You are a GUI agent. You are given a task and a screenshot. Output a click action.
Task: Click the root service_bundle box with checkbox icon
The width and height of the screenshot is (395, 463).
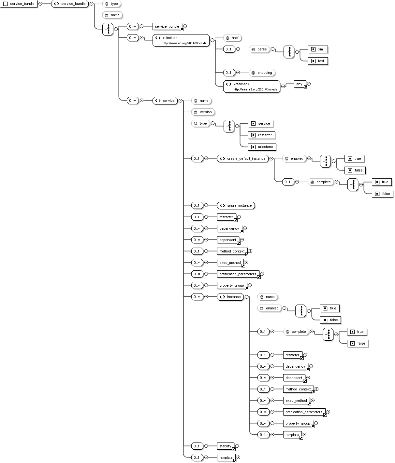coord(19,4)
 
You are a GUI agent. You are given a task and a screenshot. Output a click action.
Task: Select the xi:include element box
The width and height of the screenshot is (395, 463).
coord(181,40)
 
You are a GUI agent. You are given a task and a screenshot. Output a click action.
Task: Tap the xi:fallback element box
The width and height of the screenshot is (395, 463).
coord(252,87)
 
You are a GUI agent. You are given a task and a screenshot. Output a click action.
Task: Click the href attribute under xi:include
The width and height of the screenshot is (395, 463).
coord(232,38)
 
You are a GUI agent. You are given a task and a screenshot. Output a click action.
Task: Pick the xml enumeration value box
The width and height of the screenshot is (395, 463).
coord(317,49)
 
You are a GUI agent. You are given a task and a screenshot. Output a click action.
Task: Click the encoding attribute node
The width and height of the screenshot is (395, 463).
coord(262,73)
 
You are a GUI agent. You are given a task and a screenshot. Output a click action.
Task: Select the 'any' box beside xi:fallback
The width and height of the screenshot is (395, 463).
coord(299,84)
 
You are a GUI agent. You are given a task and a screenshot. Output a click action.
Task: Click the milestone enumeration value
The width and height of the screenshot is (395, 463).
coord(262,147)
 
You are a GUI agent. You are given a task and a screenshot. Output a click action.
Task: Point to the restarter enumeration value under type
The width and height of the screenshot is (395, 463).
coord(261,135)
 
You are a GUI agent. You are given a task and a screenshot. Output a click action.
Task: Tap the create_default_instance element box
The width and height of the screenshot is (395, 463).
coord(243,158)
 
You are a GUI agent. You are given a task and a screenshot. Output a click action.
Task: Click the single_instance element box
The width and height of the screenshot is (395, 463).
coord(236,205)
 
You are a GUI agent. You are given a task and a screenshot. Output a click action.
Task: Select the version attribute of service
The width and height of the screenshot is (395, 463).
coord(203,112)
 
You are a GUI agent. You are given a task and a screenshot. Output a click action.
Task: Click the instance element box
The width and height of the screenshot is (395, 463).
coord(230,297)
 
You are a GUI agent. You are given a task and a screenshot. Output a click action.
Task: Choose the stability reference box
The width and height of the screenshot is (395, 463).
coord(226,446)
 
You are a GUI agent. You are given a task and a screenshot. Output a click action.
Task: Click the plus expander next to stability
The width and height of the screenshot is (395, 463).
coord(237,446)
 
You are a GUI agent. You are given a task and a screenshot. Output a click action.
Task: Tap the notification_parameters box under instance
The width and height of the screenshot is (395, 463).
coord(304,412)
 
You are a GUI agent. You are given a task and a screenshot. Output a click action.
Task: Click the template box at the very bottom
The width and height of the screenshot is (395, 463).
coord(226,457)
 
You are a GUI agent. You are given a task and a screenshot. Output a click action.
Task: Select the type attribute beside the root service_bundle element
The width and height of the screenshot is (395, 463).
coord(111,4)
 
